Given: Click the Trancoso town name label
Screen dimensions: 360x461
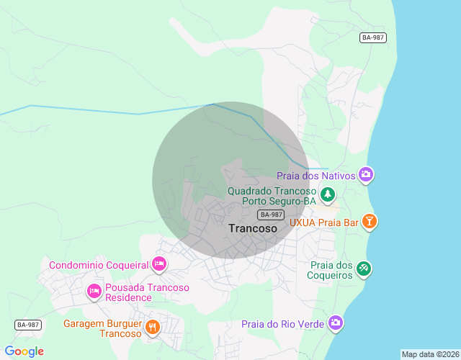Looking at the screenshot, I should coord(252,228).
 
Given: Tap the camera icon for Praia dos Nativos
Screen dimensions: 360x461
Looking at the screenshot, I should coord(366,174).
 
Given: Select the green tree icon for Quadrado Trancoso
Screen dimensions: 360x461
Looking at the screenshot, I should coord(328,194).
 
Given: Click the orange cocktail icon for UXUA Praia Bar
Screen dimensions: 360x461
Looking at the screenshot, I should coord(369,222).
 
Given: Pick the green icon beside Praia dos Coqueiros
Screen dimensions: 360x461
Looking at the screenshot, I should coord(364,269).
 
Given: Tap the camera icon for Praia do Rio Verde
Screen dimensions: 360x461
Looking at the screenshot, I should coord(335,323).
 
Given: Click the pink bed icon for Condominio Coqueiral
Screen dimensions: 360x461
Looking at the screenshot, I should coord(159,264).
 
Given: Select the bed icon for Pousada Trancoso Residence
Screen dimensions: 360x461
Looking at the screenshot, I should coord(94,292).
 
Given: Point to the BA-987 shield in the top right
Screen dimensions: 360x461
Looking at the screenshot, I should coord(374,37).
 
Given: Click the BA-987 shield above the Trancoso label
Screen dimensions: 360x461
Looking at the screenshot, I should coord(270,215).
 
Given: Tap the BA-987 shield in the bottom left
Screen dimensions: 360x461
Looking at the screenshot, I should coord(27,325).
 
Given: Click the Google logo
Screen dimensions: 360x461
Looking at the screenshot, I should coord(24,351).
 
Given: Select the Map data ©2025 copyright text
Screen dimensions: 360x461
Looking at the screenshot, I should coord(429,354).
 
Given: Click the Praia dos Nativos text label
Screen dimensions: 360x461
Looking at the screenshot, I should coord(316,176).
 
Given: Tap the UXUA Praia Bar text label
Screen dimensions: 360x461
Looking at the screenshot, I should coord(323,222).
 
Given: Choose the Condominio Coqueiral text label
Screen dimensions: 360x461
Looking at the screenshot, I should coord(99,265).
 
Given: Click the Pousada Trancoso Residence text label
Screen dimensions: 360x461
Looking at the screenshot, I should coord(147,292).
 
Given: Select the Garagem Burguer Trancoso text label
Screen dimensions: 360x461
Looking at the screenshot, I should coord(102,328).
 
